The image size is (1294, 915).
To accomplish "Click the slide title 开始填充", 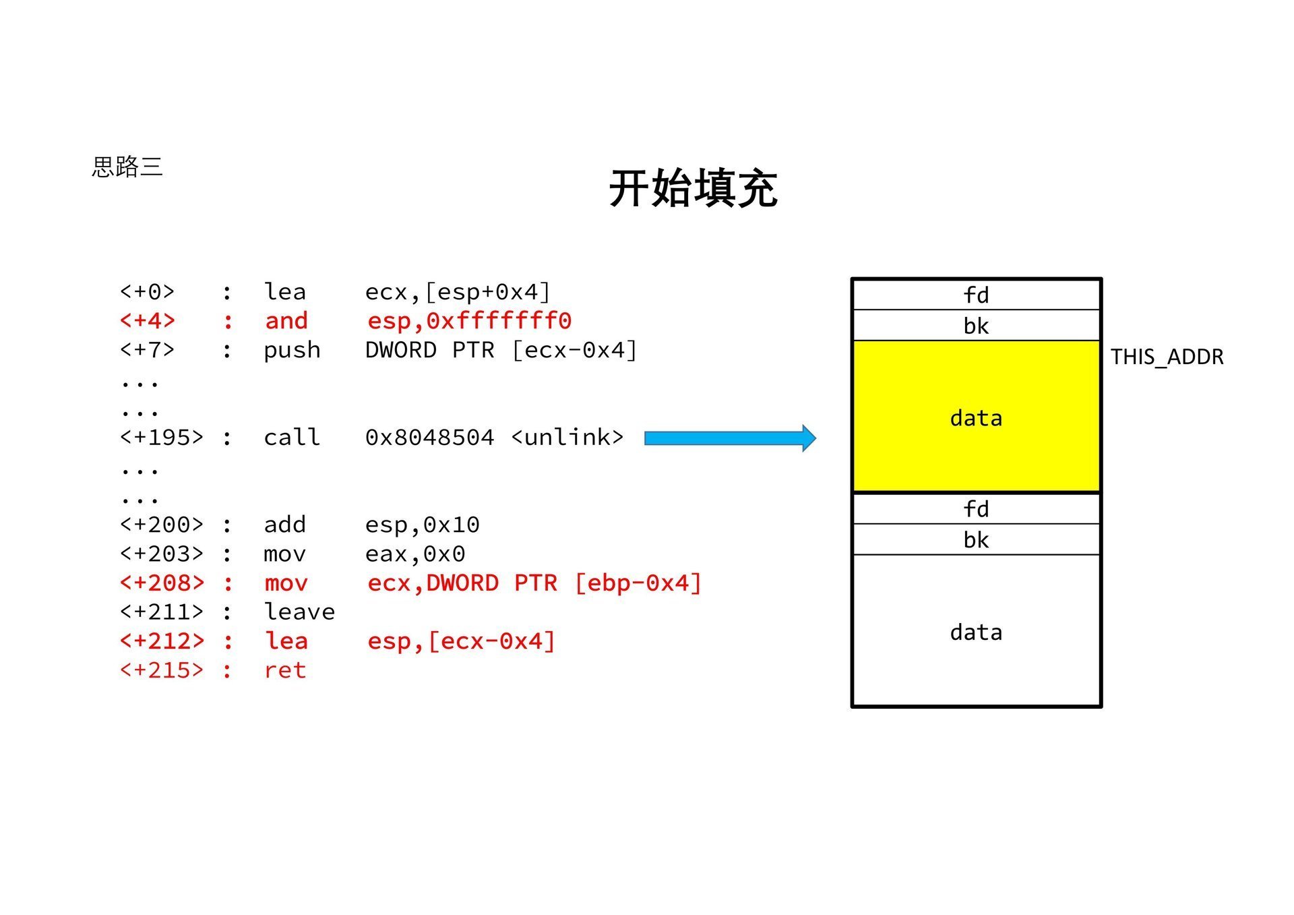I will pos(693,189).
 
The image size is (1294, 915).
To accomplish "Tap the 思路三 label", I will pos(127,167).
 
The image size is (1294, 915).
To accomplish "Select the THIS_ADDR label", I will pos(1167,357).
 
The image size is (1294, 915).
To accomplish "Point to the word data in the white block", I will pos(976,632).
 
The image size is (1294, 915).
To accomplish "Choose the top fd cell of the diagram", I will pos(976,295).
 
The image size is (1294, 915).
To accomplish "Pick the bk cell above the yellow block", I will pos(976,326).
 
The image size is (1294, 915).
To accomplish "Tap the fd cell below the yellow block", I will pos(976,508).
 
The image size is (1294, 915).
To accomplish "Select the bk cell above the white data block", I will pos(976,539).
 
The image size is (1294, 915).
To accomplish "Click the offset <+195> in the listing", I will pos(161,438).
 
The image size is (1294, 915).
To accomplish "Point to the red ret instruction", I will pos(285,670).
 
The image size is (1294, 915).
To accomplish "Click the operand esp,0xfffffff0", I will pos(469,321).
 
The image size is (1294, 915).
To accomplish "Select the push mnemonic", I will pos(292,351).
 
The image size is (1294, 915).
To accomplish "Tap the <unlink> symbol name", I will pos(567,438).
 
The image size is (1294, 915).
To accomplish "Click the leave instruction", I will pos(299,612).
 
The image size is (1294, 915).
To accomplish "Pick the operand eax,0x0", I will pos(415,554).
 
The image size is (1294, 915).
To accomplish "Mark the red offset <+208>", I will pos(161,583).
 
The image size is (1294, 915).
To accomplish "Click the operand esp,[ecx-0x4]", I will pos(461,641).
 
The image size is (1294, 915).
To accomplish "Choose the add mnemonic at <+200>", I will pos(284,525).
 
